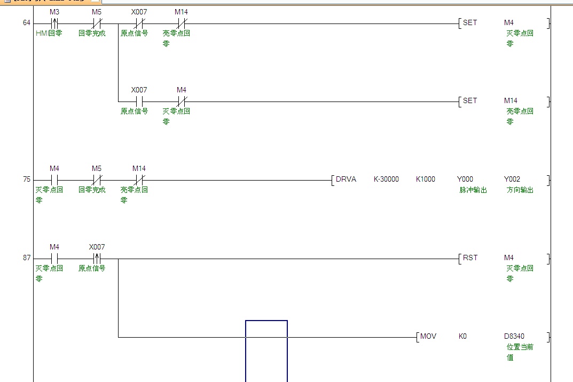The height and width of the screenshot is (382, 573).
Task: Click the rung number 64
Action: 27,23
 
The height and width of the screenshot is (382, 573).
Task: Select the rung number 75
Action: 27,180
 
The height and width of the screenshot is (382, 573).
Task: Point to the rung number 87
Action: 27,258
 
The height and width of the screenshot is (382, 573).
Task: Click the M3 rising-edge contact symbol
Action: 54,24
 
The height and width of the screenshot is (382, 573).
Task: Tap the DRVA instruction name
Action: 346,180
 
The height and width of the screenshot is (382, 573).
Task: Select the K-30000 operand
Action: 386,180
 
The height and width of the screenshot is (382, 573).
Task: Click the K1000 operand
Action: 426,180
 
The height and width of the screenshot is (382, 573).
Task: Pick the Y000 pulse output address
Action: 465,180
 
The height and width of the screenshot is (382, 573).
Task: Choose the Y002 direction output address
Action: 512,180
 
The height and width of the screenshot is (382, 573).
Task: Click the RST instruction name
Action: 470,258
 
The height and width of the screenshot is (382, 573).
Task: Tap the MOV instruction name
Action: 428,337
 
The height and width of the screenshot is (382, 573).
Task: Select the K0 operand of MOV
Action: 462,337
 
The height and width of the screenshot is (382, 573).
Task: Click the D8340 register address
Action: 514,337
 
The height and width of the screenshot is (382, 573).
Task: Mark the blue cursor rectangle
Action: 266,351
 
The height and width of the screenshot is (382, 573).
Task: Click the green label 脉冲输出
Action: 473,190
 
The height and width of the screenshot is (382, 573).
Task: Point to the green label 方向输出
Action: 520,190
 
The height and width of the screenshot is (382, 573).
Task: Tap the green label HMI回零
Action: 49,33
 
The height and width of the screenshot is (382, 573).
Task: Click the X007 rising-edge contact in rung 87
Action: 97,259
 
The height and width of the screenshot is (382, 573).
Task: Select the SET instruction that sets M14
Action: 470,101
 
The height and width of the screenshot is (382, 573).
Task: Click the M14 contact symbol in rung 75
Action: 139,180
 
